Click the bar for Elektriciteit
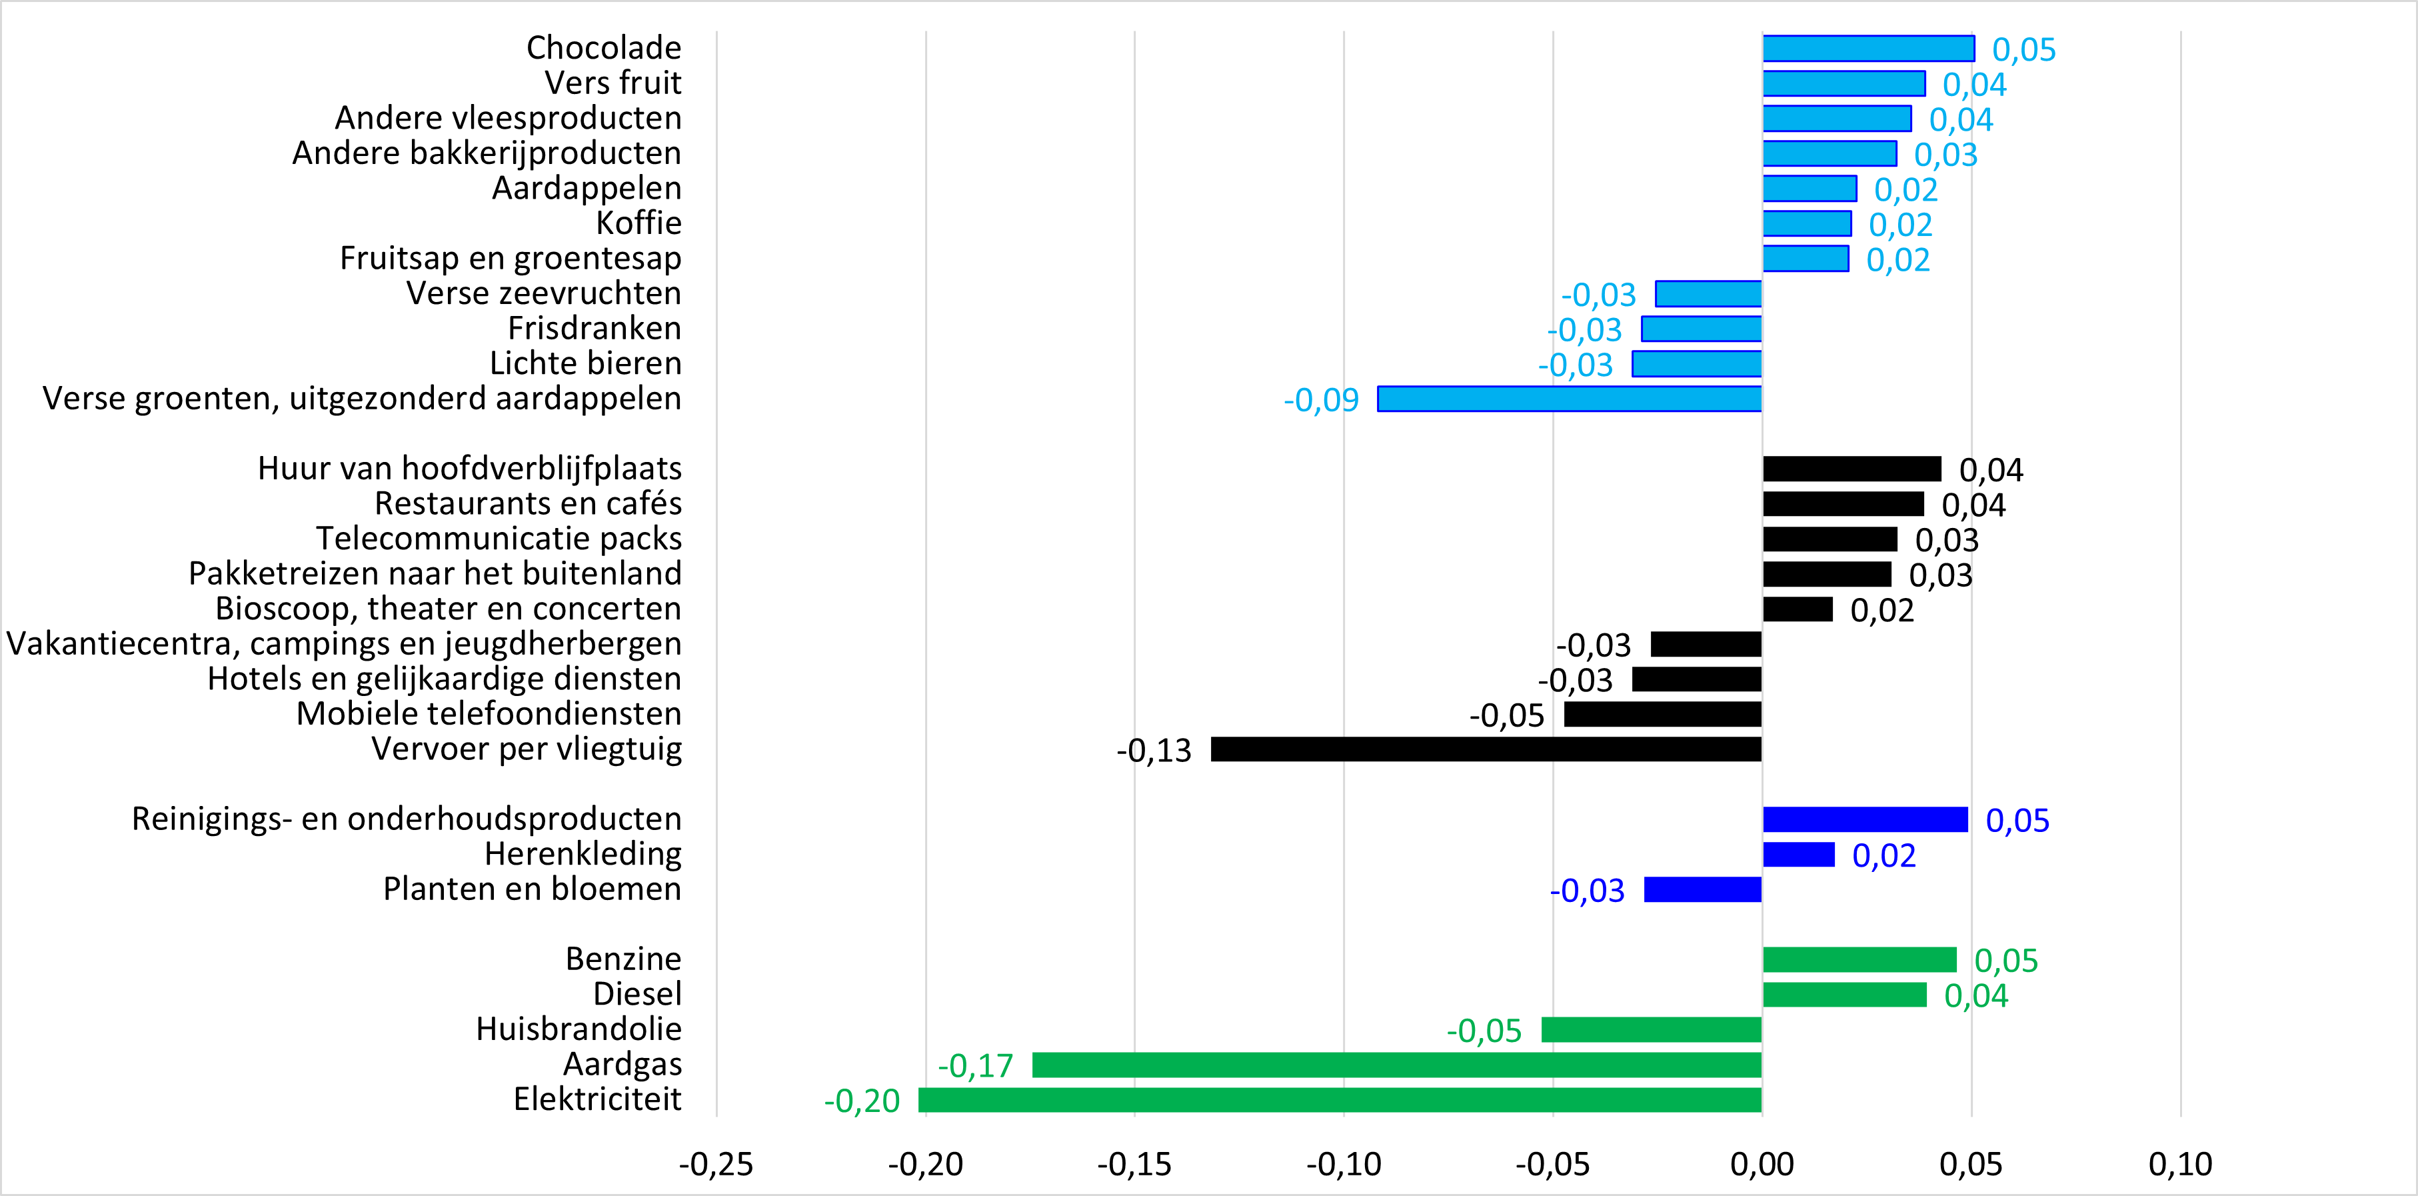[x=1340, y=1099]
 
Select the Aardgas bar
[x=1397, y=1065]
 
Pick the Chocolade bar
[x=1868, y=48]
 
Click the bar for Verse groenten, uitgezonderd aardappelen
[x=1570, y=399]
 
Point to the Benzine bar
[x=1859, y=959]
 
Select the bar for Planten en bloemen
[x=1703, y=889]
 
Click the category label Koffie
[x=638, y=223]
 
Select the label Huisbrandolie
[x=579, y=1029]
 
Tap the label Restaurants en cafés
[x=528, y=504]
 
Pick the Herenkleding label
[x=583, y=854]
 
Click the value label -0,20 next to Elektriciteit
[x=862, y=1100]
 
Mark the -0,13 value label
[x=1154, y=750]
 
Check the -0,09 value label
[x=1321, y=400]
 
